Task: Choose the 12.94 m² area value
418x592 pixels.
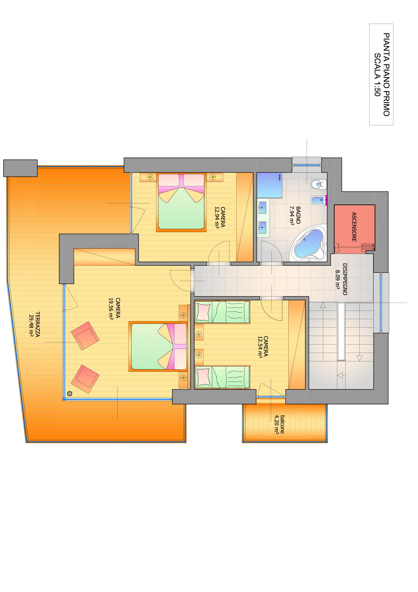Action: (217, 218)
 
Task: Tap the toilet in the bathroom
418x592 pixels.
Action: (319, 184)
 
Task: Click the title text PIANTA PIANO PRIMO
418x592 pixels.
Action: (386, 74)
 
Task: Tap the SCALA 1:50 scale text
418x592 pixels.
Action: (377, 74)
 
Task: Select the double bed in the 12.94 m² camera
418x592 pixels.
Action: (181, 202)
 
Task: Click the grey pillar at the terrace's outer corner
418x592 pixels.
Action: (20, 168)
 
